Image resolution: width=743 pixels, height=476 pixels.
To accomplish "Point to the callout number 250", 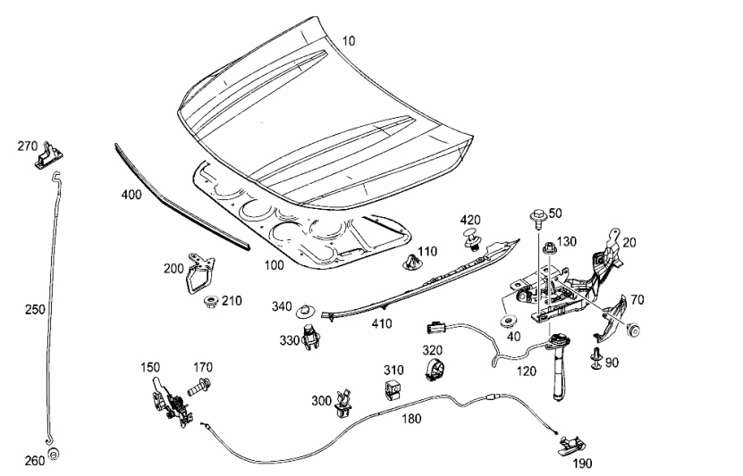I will click(x=34, y=308).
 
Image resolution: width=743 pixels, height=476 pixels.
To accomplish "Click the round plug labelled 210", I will click(x=212, y=301).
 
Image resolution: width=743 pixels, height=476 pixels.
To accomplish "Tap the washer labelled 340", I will click(x=306, y=311).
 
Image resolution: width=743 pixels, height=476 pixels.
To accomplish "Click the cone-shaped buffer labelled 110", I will click(x=410, y=264).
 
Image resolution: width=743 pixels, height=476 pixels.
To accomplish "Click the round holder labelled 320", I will click(x=435, y=370).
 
